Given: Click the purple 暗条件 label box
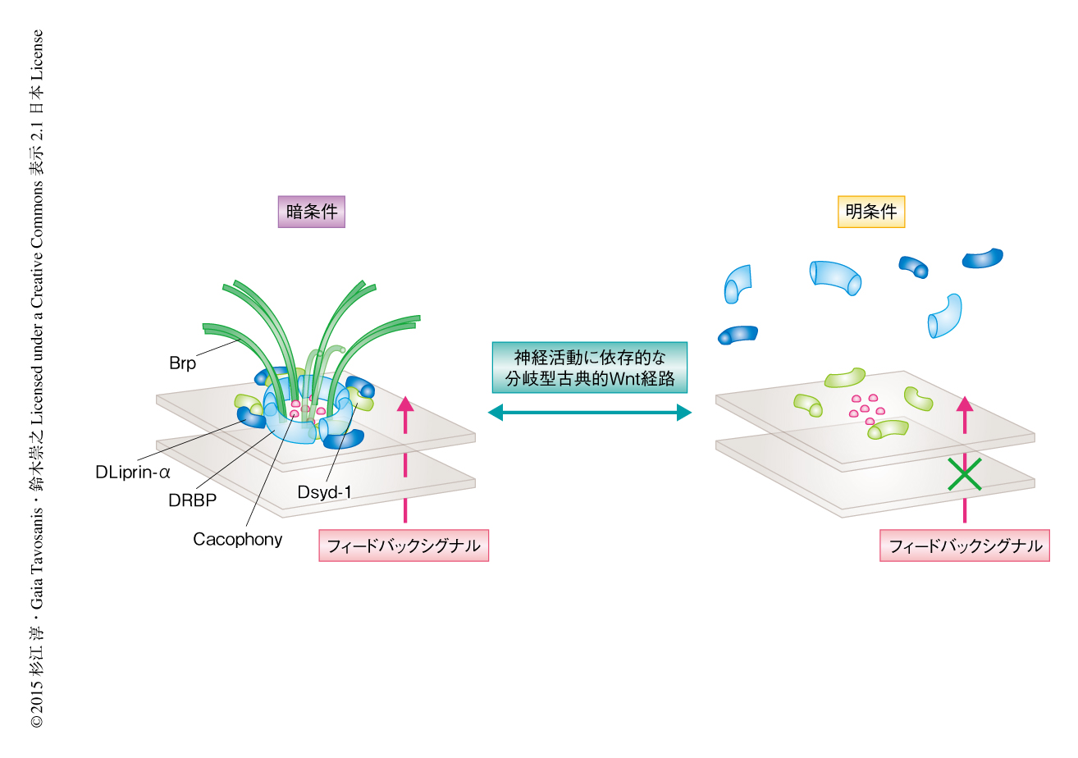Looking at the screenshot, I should pos(310,212).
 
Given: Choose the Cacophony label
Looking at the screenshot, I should pos(237,539).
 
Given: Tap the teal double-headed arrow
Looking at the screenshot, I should pos(590,413).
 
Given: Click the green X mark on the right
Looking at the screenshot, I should pos(965,474).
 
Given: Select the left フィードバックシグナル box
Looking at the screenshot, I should pos(404,546).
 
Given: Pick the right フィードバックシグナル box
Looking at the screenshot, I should pos(965,546).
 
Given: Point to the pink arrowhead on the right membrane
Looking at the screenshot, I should pos(965,404).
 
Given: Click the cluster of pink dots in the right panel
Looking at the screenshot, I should pos(866,406).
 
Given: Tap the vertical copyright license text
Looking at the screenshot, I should pos(38,377).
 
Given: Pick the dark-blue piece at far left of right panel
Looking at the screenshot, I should pos(737,335).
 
